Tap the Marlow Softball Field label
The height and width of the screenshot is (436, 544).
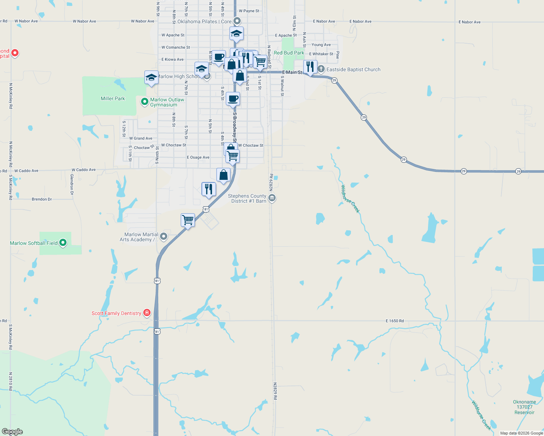point(34,243)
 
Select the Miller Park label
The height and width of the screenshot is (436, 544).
point(113,98)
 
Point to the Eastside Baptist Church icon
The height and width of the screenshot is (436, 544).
point(321,69)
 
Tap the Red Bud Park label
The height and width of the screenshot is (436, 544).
point(289,53)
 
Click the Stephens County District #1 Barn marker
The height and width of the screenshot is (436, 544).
point(272,198)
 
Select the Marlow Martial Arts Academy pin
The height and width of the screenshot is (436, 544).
point(164,237)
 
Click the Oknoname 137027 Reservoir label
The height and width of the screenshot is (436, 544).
point(524,407)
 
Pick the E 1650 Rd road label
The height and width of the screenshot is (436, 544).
point(395,321)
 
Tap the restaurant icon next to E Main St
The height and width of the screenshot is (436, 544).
point(310,67)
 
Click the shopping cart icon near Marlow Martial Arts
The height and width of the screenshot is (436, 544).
point(188,220)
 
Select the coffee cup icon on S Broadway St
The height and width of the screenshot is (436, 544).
point(233,98)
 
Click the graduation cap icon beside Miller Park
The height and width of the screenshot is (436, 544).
point(151,77)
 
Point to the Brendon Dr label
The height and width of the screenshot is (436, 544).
point(42,199)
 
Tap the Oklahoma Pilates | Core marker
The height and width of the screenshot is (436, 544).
point(237,21)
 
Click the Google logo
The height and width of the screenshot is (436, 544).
point(12,432)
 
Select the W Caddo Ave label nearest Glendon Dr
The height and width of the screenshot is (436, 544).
point(84,170)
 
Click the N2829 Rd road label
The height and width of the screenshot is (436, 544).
point(275,391)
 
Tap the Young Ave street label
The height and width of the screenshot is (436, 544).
point(321,45)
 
